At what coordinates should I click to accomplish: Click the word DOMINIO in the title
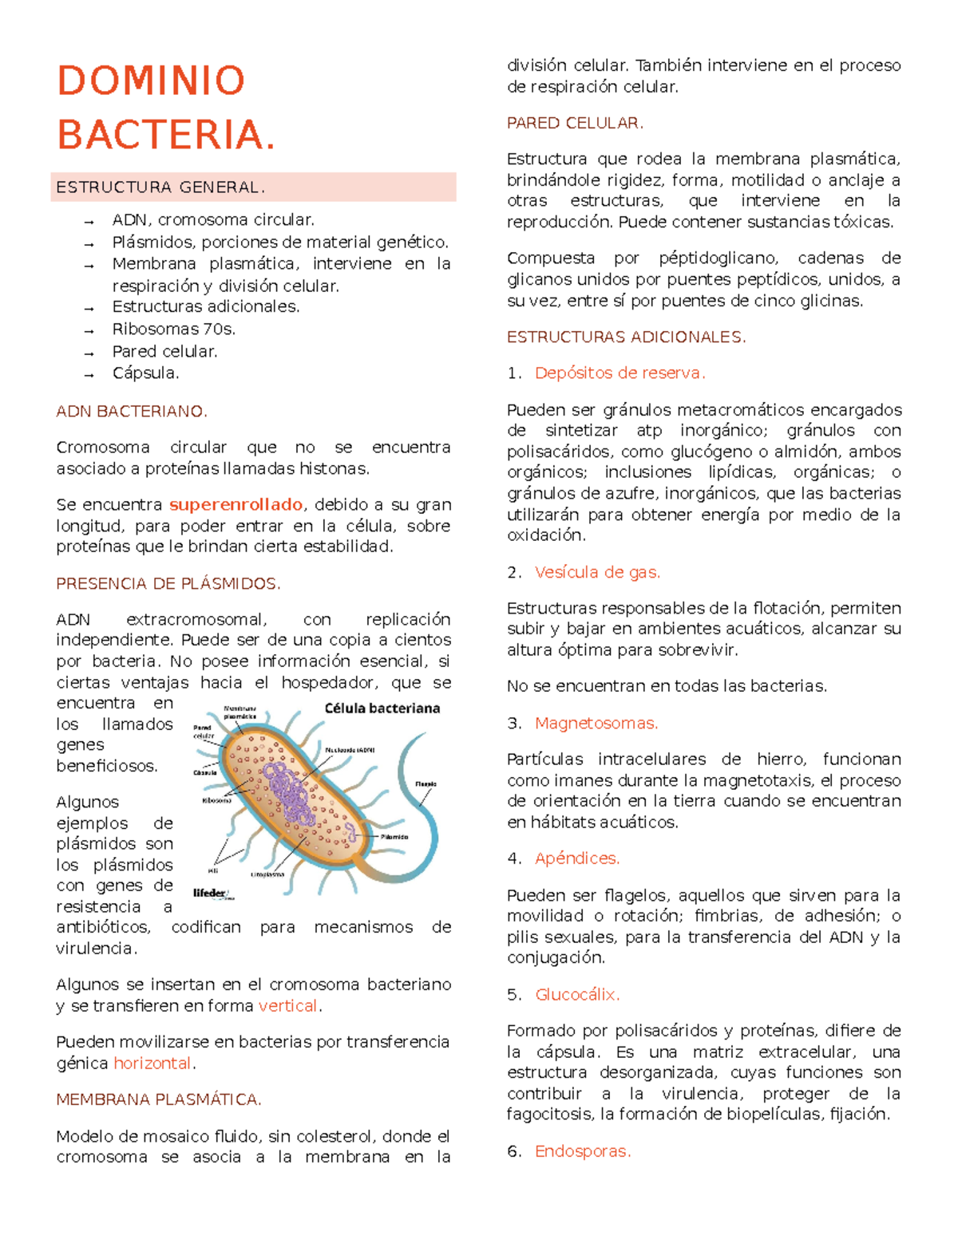[x=151, y=81]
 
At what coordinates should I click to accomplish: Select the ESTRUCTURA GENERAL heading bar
[x=253, y=187]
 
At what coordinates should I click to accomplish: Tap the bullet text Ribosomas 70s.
[x=173, y=329]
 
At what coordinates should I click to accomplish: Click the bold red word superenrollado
[x=236, y=505]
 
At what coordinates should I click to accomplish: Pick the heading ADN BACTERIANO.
[x=132, y=412]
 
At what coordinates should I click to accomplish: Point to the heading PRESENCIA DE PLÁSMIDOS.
[x=168, y=584]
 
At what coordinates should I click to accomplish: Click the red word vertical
[x=288, y=1006]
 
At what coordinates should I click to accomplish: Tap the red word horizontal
[x=152, y=1063]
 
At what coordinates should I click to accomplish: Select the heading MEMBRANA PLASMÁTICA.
[x=159, y=1100]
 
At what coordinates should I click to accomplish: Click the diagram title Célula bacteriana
[x=382, y=708]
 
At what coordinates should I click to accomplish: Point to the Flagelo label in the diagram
[x=426, y=784]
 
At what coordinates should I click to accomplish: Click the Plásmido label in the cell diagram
[x=394, y=837]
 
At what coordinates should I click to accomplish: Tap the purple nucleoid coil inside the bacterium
[x=289, y=794]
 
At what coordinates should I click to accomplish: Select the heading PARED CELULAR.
[x=575, y=124]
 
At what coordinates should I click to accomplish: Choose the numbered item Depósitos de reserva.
[x=620, y=373]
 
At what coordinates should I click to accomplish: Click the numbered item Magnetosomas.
[x=596, y=724]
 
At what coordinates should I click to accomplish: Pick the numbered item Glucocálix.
[x=576, y=995]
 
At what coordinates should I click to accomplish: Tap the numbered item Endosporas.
[x=582, y=1151]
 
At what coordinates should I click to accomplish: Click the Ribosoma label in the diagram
[x=216, y=800]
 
